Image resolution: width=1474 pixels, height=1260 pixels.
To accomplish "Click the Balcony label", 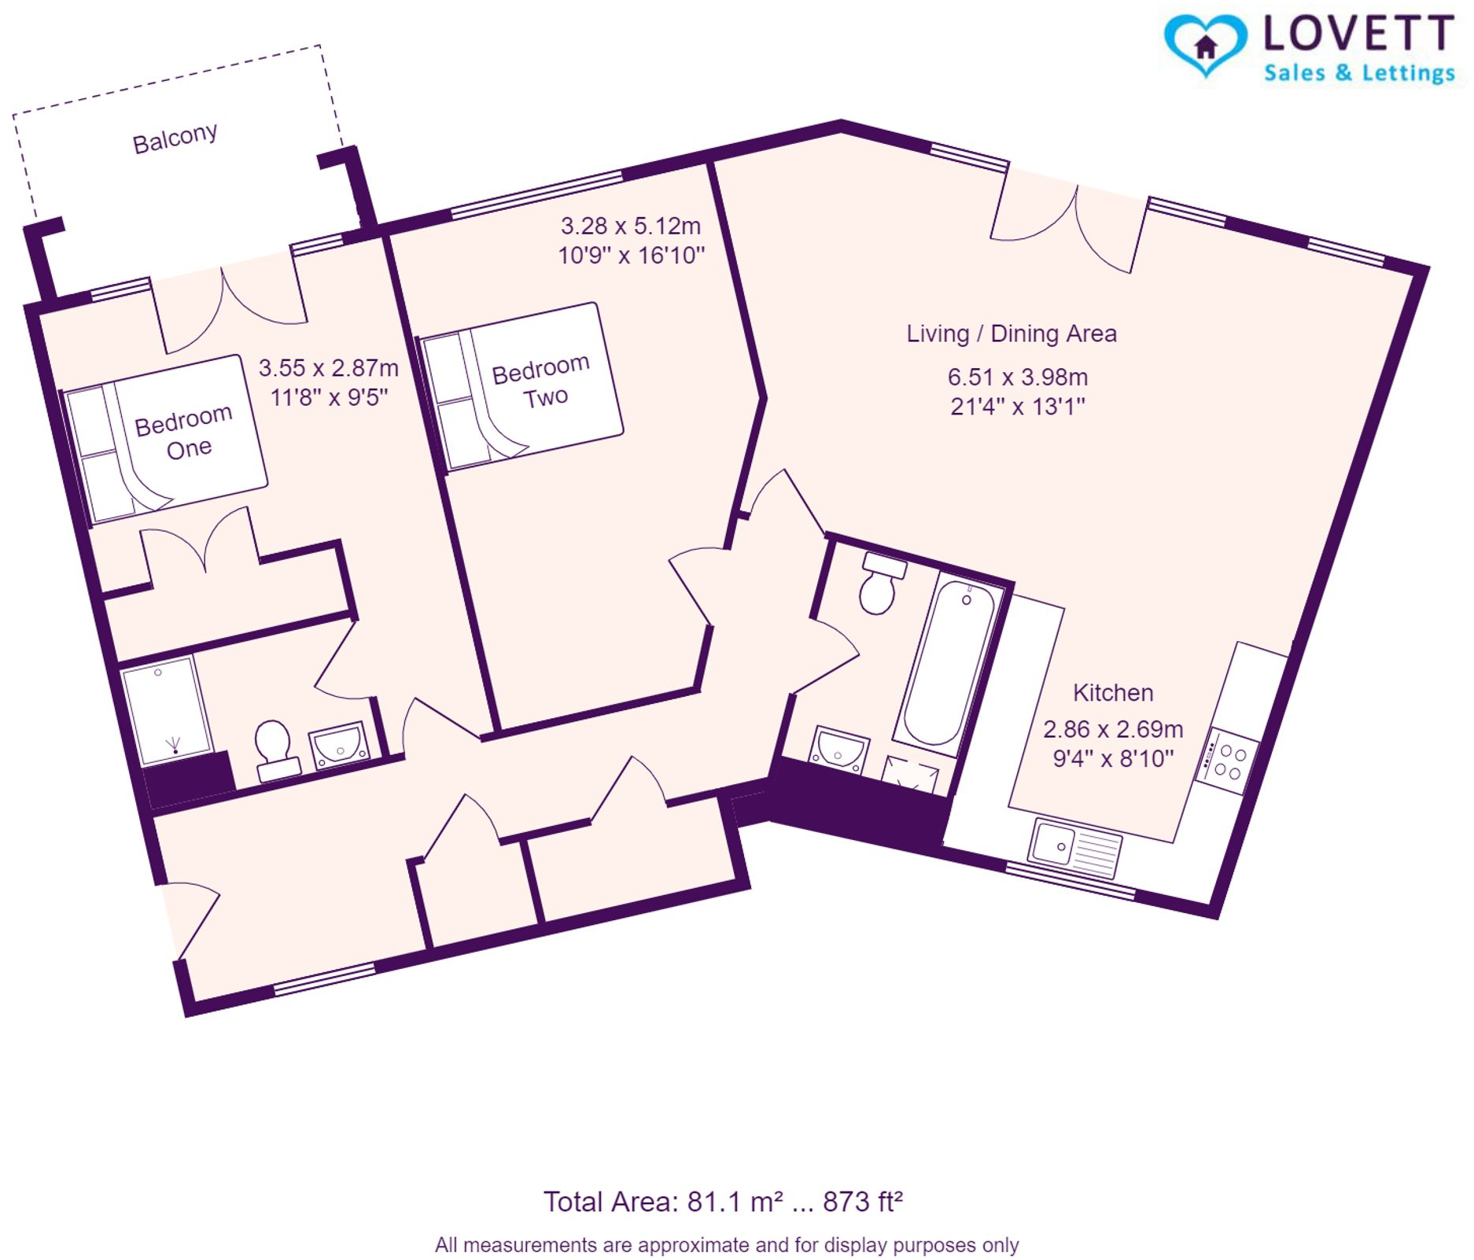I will pyautogui.click(x=175, y=138).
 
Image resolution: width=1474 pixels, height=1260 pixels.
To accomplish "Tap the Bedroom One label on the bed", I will pyautogui.click(x=184, y=432).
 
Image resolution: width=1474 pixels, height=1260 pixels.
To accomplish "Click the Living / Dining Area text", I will pyautogui.click(x=1011, y=333).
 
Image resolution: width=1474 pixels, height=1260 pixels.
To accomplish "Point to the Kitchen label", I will pyautogui.click(x=1112, y=693).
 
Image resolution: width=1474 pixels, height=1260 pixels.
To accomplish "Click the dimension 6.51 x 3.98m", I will pyautogui.click(x=1017, y=377).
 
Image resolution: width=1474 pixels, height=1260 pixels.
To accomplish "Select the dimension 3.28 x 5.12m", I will pyautogui.click(x=630, y=227).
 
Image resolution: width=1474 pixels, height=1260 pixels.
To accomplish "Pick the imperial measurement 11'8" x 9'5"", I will pyautogui.click(x=329, y=397).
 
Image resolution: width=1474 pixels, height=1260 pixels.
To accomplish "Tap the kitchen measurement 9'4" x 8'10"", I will pyautogui.click(x=1112, y=758).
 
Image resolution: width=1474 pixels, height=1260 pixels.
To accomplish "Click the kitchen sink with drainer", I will pyautogui.click(x=1074, y=848).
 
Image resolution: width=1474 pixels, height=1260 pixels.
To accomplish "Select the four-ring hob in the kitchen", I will pyautogui.click(x=1227, y=761).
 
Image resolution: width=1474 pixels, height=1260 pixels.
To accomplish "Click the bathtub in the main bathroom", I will pyautogui.click(x=947, y=662).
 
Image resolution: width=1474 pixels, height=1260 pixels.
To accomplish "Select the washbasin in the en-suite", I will pyautogui.click(x=340, y=743).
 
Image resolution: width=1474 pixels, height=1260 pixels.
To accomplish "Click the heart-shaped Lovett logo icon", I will pyautogui.click(x=1205, y=45).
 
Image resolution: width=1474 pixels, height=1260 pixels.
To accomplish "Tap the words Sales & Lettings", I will pyautogui.click(x=1358, y=73).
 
